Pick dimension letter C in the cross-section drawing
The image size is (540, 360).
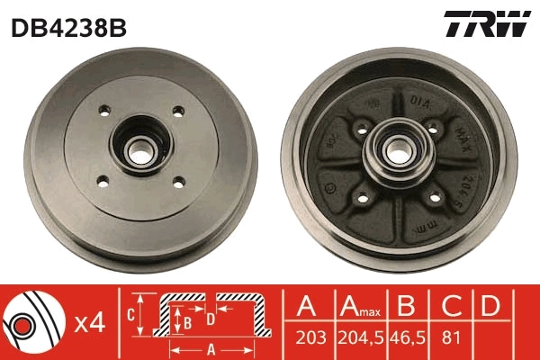point(131,313)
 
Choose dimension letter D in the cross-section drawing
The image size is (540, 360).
point(210,318)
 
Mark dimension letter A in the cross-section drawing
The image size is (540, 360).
point(211,348)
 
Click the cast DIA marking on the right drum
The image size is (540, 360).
point(419,102)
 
